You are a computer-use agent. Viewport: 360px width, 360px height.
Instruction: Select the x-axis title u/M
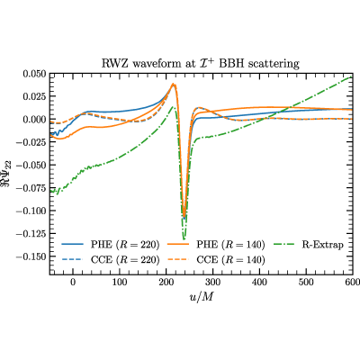[x=202, y=297]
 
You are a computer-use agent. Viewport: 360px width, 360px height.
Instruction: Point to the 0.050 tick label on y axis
[x=35, y=74]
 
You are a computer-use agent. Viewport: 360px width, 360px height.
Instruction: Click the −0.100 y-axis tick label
[x=31, y=211]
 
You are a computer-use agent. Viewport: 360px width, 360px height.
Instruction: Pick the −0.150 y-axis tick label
[x=31, y=256]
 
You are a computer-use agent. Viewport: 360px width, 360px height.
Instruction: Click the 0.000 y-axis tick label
[x=35, y=120]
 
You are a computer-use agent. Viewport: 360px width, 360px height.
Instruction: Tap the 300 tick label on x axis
[x=213, y=283]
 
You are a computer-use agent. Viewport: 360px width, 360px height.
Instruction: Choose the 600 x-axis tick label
[x=353, y=283]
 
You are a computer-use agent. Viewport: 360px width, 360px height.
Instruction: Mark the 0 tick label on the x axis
[x=73, y=283]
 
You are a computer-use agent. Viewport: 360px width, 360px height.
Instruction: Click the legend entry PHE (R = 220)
[x=111, y=245]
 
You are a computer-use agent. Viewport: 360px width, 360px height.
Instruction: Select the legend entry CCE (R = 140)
[x=216, y=259]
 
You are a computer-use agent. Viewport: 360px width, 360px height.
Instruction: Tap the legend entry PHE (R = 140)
[x=216, y=245]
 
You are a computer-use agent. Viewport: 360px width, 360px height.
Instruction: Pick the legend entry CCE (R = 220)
[x=111, y=259]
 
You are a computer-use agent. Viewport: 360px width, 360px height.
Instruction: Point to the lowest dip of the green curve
[x=184, y=239]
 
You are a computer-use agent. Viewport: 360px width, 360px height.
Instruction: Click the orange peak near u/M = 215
[x=173, y=84]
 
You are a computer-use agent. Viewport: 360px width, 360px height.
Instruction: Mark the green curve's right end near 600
[x=352, y=76]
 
